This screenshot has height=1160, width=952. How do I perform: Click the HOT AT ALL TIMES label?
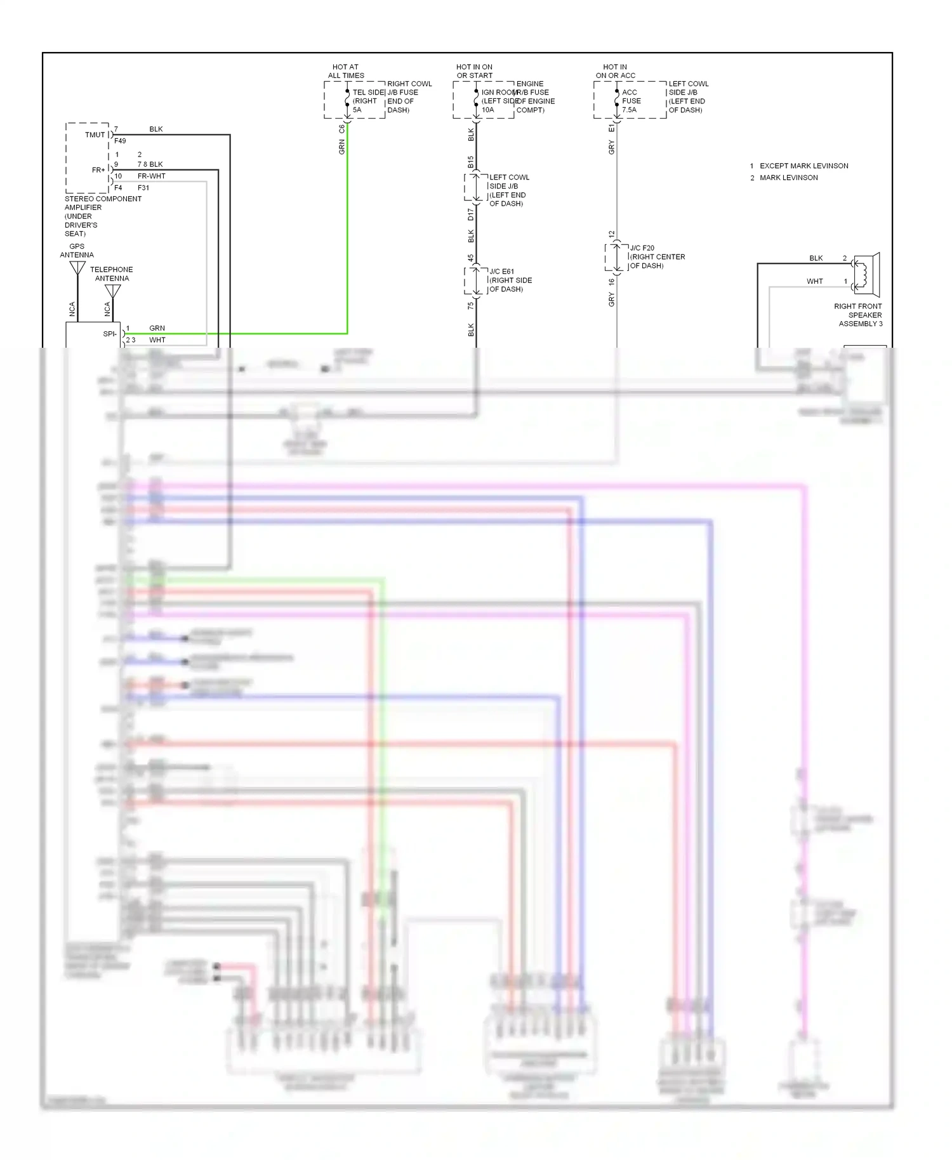(x=346, y=71)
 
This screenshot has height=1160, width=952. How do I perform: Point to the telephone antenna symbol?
(x=112, y=291)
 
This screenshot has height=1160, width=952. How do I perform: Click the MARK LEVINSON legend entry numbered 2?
(x=788, y=178)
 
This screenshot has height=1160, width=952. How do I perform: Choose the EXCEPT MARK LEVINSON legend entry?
(x=803, y=166)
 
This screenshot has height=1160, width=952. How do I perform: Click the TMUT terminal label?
(x=95, y=135)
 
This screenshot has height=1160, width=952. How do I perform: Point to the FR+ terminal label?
(x=98, y=170)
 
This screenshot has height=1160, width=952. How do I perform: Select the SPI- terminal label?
(x=110, y=334)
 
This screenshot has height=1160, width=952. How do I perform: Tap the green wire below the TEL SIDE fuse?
(x=347, y=222)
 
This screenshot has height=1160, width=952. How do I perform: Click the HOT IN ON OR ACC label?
(x=615, y=71)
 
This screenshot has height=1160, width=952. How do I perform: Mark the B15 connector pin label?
(x=471, y=162)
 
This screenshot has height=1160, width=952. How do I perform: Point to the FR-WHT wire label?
(x=152, y=176)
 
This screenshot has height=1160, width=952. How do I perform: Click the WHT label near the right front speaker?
(x=814, y=281)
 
